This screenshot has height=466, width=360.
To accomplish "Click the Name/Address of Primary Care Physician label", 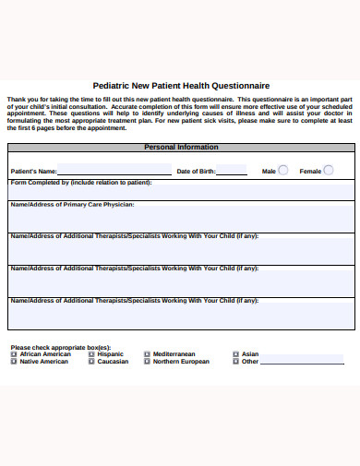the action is [x=72, y=204].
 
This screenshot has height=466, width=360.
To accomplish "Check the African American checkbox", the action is [x=13, y=354].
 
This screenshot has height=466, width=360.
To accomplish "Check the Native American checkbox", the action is [x=13, y=362].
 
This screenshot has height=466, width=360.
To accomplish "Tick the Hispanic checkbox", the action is [x=91, y=354].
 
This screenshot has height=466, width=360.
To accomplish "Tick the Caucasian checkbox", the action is [x=91, y=362].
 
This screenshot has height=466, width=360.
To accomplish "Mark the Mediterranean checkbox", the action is [x=147, y=354].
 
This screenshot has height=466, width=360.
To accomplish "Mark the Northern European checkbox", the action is [x=147, y=362].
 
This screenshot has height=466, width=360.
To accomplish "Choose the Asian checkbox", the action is [x=235, y=354].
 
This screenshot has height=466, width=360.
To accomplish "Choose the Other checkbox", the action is [x=235, y=362].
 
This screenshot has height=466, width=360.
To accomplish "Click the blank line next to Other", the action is [x=302, y=363].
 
